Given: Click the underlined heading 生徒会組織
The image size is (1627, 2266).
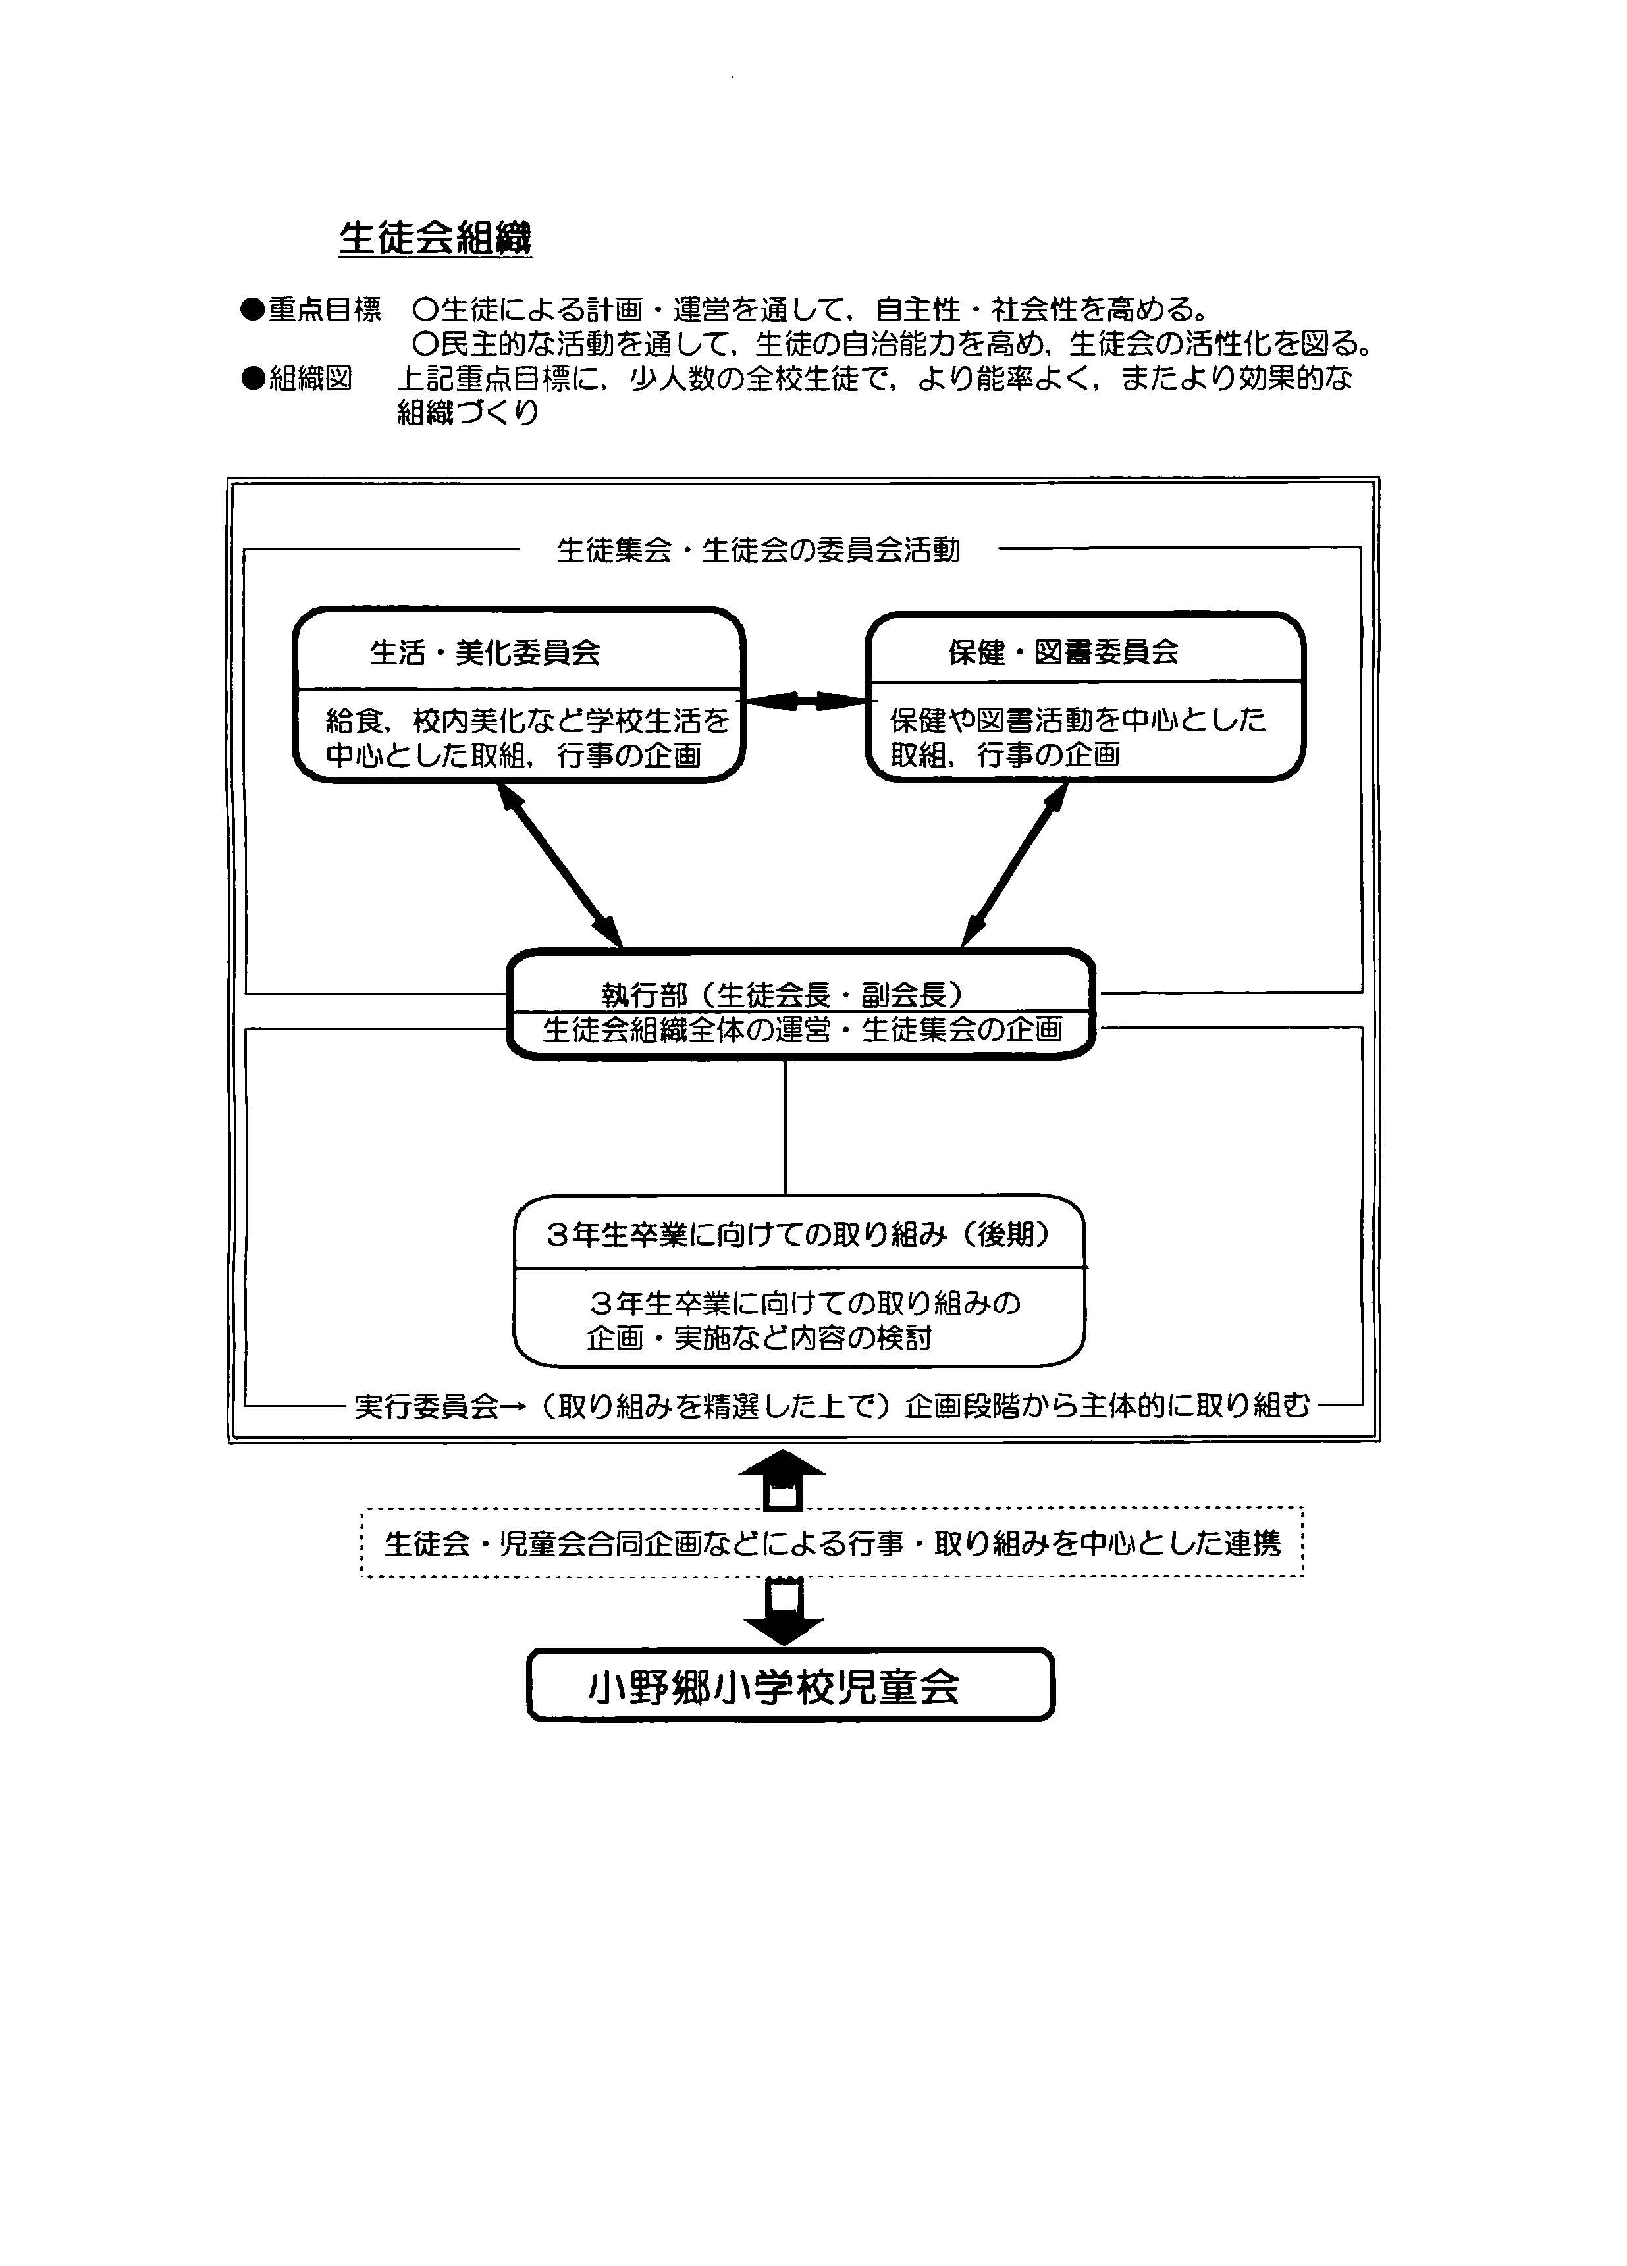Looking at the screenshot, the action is coord(435,238).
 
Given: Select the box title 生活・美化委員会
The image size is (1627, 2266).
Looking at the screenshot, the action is coord(485,652).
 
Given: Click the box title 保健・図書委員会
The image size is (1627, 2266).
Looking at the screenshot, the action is coord(1063,651).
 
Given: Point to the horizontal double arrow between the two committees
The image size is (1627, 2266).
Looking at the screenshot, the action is coord(805,701).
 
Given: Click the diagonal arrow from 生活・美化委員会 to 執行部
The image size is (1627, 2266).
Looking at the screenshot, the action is coord(560,865).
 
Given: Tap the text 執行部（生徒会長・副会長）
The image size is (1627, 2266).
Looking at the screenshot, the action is coord(782,994).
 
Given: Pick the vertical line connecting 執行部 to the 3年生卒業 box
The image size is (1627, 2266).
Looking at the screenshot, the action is coord(786,1126).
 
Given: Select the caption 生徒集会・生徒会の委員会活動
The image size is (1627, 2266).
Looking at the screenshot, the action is coord(759,550).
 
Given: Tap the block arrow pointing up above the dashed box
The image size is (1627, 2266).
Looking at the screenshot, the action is coord(782,1480).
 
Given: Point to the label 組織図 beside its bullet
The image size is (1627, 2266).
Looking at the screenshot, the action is coord(310,379).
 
